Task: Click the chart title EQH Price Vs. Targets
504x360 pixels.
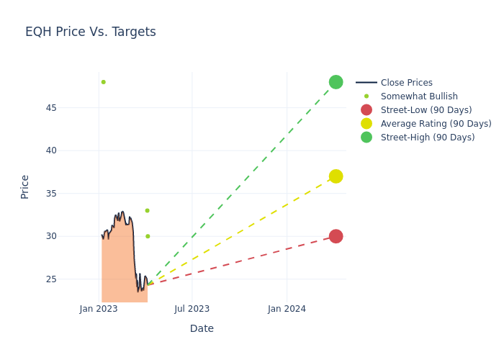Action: (91, 32)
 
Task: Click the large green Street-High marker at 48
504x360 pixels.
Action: (336, 82)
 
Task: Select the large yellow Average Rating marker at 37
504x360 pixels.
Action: (336, 176)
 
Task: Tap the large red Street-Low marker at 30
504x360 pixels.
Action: (336, 236)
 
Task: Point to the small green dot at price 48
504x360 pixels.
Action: (103, 82)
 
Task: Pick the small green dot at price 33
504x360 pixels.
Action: (147, 210)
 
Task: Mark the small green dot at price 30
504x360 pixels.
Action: (148, 236)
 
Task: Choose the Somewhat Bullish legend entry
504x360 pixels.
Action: (419, 96)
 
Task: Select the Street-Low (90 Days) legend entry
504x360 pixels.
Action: (426, 110)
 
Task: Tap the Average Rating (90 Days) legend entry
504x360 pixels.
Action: (436, 124)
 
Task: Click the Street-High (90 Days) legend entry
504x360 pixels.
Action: (427, 138)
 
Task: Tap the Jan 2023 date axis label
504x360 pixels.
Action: (99, 309)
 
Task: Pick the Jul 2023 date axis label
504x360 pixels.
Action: (192, 309)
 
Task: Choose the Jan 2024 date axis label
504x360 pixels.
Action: (287, 309)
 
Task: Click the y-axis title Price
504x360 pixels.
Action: (25, 186)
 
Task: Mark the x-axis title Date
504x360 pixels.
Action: (202, 328)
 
